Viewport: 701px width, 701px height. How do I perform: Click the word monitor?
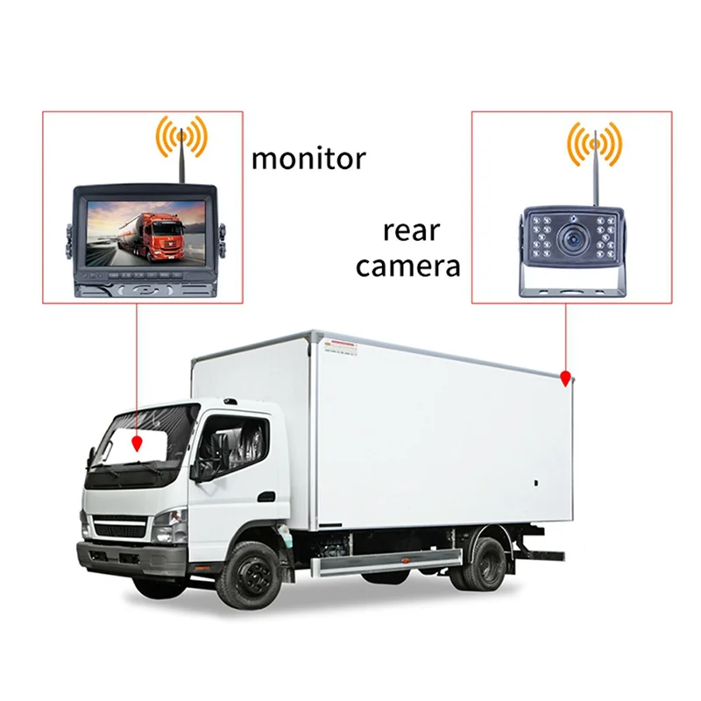[x=308, y=159]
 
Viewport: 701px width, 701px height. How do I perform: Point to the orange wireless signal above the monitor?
[x=181, y=136]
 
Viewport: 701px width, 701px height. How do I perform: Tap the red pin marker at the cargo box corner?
[x=566, y=379]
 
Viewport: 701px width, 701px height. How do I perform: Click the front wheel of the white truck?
[x=249, y=573]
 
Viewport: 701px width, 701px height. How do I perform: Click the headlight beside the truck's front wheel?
[x=169, y=525]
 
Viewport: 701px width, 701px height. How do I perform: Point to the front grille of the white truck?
[x=119, y=528]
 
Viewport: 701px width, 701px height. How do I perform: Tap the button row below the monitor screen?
[x=145, y=275]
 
